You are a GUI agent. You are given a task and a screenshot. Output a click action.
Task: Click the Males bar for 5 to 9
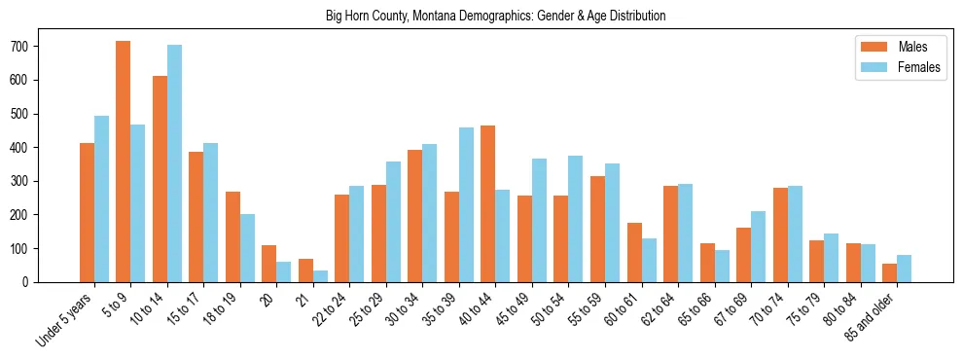point(124,162)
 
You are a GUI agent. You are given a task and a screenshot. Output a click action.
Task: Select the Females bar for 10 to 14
point(174,163)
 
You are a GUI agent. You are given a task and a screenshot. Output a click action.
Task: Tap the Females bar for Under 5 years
point(101,199)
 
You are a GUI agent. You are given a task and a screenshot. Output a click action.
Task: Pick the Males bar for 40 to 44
point(488,203)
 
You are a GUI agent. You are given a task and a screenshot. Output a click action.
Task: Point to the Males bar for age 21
point(305,270)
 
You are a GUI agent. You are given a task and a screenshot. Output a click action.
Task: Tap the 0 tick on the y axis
point(35,282)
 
